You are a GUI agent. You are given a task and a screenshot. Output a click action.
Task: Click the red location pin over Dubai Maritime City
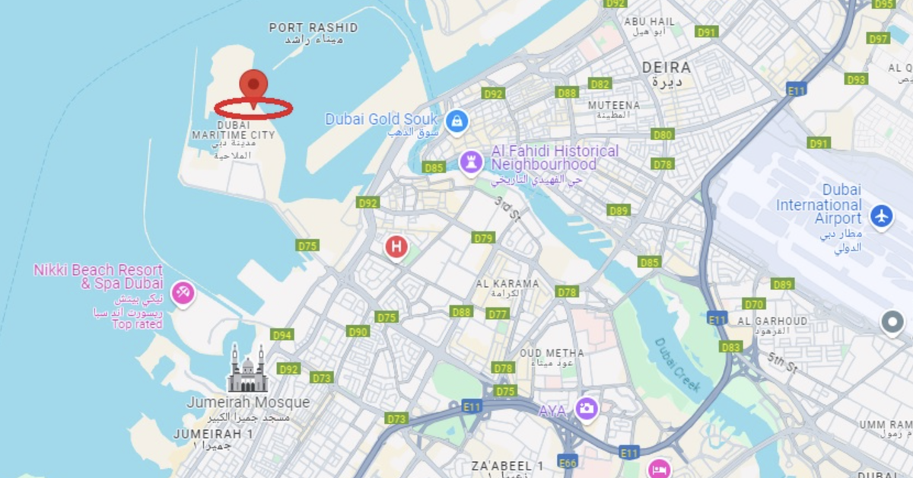point(253,86)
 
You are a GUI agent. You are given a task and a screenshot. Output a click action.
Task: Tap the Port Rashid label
point(313,28)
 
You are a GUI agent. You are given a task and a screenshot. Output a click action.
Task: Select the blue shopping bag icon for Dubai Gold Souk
point(456,120)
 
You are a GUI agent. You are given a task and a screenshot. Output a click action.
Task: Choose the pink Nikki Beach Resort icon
point(183,293)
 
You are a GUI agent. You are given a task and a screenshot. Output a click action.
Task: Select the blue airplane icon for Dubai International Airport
point(881,215)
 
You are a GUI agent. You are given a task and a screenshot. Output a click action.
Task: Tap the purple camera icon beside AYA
point(586,409)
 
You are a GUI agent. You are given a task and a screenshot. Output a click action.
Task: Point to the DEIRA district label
point(666,68)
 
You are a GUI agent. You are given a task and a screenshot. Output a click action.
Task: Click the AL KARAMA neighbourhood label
point(507,284)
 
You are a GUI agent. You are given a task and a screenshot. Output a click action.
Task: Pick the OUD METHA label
point(552,353)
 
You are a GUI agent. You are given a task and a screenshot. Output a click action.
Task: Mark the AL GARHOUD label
point(772,321)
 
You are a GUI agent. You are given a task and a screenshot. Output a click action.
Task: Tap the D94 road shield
point(282,335)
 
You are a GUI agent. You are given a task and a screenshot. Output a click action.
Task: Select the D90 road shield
point(358,331)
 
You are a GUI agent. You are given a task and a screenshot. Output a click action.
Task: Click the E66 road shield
point(568,463)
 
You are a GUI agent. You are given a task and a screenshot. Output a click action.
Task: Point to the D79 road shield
point(484,237)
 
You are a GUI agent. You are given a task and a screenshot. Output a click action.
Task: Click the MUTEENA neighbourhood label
point(614,105)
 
